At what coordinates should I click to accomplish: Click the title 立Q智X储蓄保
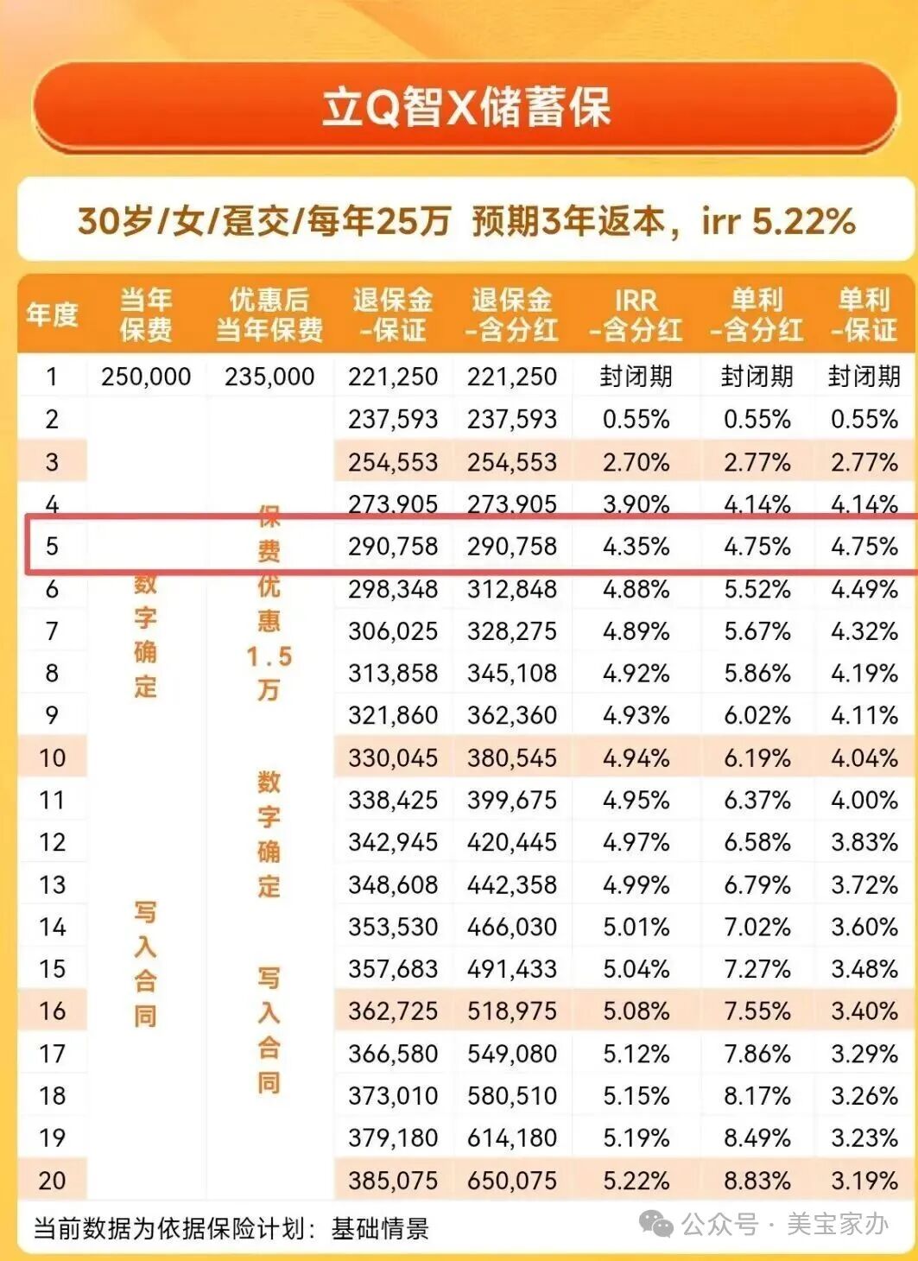[465, 108]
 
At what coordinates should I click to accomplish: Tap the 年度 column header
[52, 314]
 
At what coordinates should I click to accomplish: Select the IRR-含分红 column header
[636, 314]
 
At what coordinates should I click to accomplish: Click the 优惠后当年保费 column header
[269, 314]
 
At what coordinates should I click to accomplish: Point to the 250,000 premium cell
[146, 377]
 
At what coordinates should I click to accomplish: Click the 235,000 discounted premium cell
[269, 377]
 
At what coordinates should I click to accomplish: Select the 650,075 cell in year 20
[512, 1180]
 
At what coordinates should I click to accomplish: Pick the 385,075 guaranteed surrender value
[393, 1180]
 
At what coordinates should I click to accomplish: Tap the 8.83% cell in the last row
[757, 1180]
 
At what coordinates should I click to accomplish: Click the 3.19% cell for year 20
[864, 1180]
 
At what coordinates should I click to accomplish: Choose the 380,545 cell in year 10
[512, 758]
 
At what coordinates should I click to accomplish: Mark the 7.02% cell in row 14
[757, 927]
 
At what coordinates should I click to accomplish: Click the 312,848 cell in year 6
[512, 589]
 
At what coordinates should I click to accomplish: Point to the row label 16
[52, 1011]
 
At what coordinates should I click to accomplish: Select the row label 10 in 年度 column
[52, 758]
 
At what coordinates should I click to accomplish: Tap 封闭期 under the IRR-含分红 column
[636, 377]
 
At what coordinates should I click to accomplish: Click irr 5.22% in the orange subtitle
[778, 221]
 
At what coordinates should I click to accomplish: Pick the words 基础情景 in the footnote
[380, 1228]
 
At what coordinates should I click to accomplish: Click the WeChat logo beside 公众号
[656, 1224]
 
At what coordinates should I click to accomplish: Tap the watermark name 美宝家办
[837, 1224]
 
